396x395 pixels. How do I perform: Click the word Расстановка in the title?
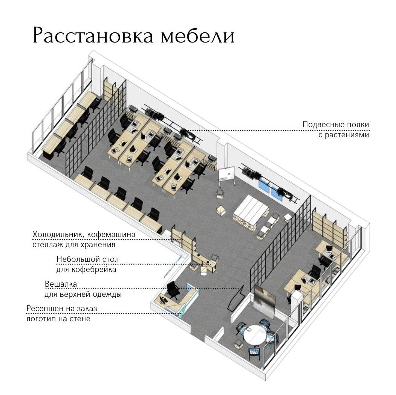93,35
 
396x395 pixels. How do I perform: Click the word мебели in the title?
198,36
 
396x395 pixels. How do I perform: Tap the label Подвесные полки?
336,125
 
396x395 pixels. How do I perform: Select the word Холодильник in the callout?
59,235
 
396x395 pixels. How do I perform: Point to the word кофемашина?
112,235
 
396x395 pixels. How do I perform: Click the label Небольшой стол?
88,260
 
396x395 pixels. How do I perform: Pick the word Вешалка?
61,284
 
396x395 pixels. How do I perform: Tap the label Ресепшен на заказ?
62,309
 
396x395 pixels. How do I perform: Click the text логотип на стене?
58,319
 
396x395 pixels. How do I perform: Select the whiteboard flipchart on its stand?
226,175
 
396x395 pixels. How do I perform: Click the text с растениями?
344,135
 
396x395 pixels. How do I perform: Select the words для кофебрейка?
86,270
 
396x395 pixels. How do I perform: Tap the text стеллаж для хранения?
74,245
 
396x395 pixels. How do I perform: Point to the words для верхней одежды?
83,295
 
